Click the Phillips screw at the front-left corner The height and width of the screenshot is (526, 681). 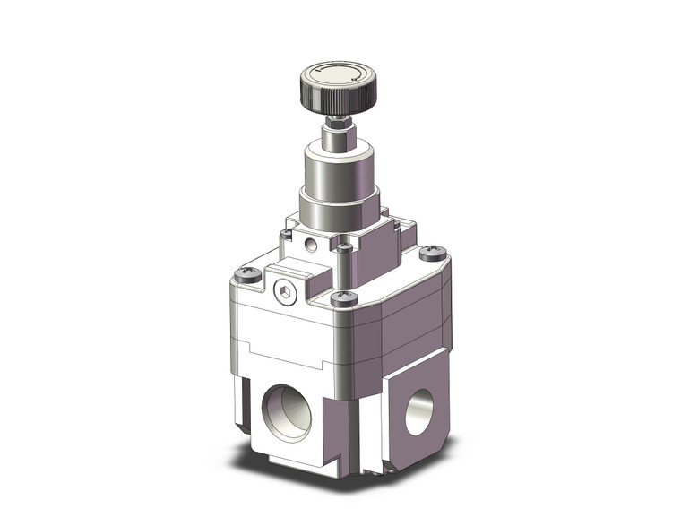[253, 276]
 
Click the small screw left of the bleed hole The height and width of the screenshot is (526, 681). [286, 235]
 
